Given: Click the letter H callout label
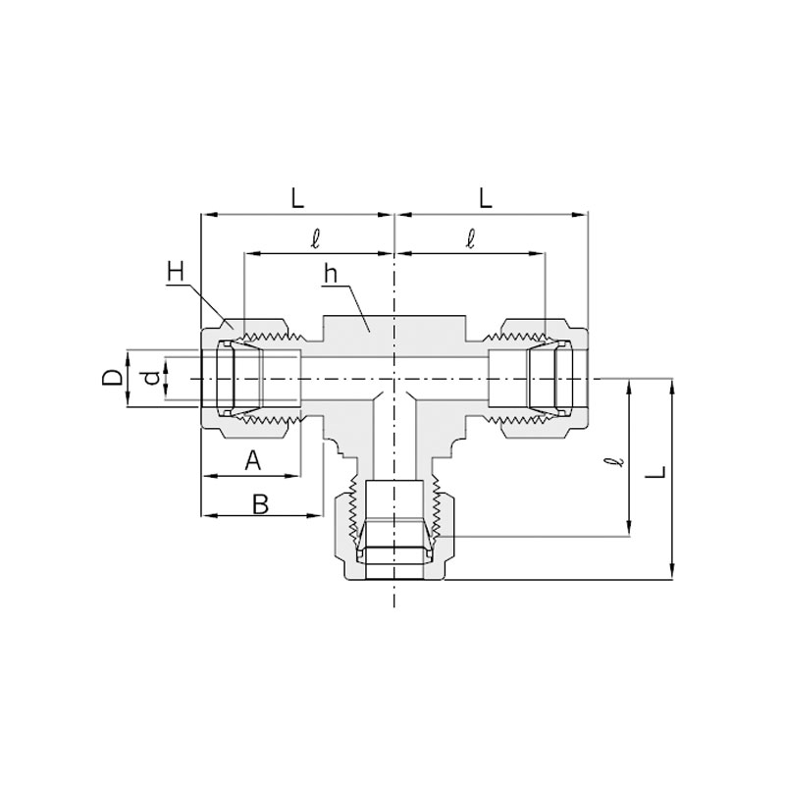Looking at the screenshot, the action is (x=177, y=273).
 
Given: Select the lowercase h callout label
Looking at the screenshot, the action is (x=331, y=274).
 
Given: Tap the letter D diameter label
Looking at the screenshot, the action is (x=112, y=378).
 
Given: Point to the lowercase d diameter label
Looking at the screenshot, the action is (x=152, y=378).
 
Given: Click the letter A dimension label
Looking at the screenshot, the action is (x=253, y=460).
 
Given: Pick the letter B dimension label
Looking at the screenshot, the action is (x=260, y=504).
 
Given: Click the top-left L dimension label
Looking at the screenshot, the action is (x=297, y=199).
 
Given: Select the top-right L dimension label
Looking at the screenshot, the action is (x=486, y=199).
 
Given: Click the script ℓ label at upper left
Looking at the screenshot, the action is (x=315, y=238).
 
